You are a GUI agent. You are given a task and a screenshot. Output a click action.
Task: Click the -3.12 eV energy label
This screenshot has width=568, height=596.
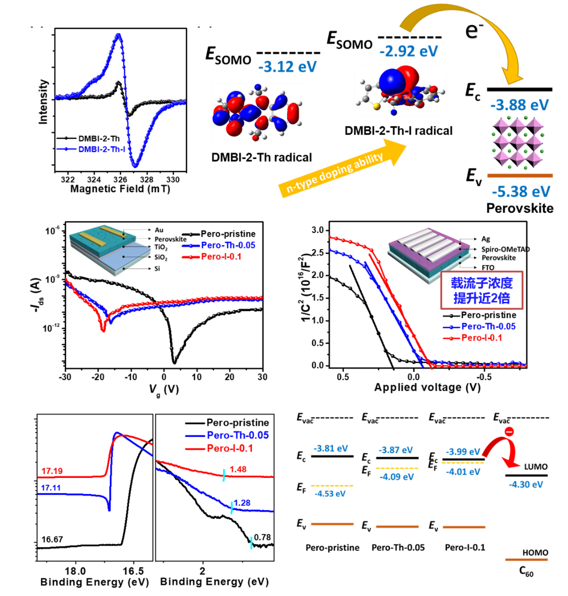287,67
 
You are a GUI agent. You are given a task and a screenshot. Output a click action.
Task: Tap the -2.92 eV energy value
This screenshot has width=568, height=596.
409,51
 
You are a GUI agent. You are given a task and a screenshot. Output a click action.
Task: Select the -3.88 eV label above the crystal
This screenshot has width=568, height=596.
519,105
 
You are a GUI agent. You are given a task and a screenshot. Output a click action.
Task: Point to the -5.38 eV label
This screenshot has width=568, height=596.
521,192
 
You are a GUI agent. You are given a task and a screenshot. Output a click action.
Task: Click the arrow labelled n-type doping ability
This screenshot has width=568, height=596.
342,169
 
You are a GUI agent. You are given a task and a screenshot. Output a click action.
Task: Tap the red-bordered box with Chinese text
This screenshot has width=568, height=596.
482,290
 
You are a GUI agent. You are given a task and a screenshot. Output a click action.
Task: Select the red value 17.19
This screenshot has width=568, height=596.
52,471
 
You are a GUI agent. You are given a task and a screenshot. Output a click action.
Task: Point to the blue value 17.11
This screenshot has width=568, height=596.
51,488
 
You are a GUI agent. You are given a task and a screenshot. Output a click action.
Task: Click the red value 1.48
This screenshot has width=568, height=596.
238,470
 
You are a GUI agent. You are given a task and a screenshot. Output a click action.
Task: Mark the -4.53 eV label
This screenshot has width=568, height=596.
330,493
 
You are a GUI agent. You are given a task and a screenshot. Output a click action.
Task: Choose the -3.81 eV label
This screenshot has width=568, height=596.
330,448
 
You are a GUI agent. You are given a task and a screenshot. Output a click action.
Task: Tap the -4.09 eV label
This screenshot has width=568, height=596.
396,477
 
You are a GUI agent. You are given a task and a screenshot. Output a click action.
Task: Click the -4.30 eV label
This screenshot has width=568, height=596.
526,485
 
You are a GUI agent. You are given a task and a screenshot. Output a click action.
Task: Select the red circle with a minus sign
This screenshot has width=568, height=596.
509,431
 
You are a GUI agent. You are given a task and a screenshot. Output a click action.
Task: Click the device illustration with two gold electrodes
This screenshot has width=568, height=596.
110,251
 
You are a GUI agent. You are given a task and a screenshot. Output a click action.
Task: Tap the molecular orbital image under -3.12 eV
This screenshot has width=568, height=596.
257,112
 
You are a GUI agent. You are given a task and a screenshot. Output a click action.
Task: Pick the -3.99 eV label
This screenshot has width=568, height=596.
463,452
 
